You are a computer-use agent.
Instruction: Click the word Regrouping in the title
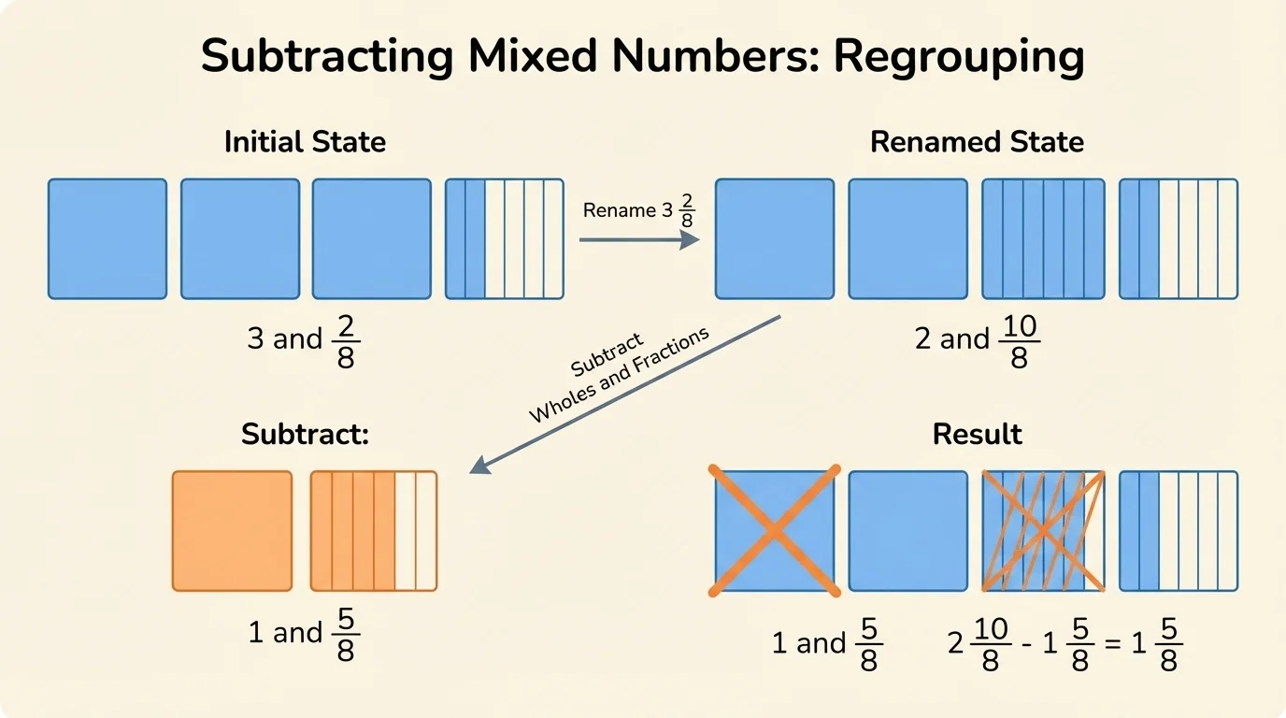pyautogui.click(x=959, y=56)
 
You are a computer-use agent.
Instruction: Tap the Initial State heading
pyautogui.click(x=305, y=142)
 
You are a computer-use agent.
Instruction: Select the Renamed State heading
pyautogui.click(x=977, y=142)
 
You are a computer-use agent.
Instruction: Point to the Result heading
pyautogui.click(x=977, y=435)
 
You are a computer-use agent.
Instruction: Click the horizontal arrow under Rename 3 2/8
pyautogui.click(x=639, y=240)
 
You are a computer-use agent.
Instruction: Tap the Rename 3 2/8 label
pyautogui.click(x=639, y=211)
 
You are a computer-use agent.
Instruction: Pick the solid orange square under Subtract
pyautogui.click(x=233, y=531)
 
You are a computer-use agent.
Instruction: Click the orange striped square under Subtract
pyautogui.click(x=374, y=531)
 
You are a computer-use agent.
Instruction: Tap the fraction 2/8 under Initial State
pyautogui.click(x=346, y=342)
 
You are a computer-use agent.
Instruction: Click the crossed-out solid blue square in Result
pyautogui.click(x=775, y=531)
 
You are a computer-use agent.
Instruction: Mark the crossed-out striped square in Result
pyautogui.click(x=1043, y=531)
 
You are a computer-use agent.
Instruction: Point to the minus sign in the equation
pyautogui.click(x=1027, y=644)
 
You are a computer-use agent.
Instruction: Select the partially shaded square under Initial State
pyautogui.click(x=505, y=239)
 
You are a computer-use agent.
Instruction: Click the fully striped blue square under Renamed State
pyautogui.click(x=1043, y=239)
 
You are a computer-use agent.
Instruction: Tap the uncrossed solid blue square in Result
pyautogui.click(x=908, y=531)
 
